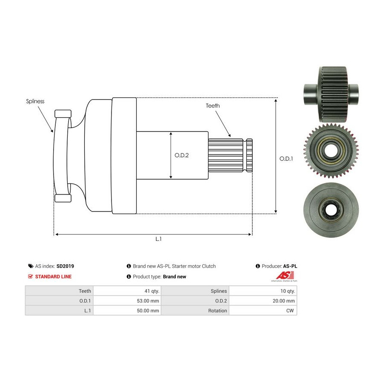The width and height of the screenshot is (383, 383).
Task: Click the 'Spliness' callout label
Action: pos(35,101)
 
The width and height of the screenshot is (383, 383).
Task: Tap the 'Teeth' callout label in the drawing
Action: pos(212,106)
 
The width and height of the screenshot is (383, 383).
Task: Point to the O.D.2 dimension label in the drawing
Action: pos(181,155)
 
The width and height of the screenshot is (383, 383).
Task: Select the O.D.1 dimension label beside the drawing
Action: pos(286,159)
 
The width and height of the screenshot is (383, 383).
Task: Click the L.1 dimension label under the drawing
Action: pos(159,239)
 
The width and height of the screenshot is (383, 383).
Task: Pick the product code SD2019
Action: pos(65,266)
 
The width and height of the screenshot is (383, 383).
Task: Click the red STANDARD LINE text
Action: pos(53,277)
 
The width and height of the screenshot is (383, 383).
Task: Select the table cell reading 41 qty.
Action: pos(127,291)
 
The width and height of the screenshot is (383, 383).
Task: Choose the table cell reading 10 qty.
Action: pos(263,291)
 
